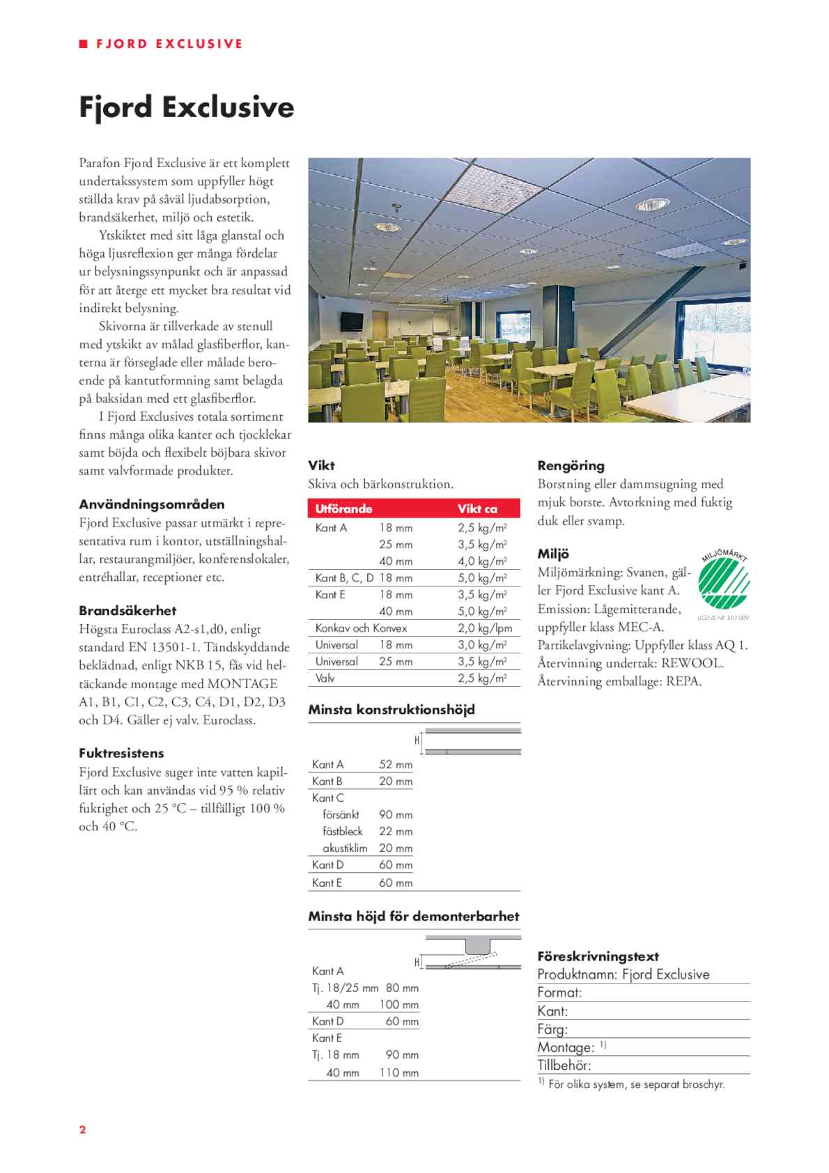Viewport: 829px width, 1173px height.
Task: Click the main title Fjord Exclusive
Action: coord(186,108)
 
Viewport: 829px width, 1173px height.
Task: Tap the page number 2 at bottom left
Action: coord(82,1129)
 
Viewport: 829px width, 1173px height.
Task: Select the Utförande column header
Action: coord(343,508)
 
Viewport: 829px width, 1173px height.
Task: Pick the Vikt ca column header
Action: coord(477,508)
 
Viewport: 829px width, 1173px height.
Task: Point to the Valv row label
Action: coord(325,678)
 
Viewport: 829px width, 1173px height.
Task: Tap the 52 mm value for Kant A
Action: coord(396,764)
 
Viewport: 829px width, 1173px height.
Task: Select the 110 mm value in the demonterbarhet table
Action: coord(399,1073)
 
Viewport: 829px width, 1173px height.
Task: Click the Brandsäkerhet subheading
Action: coord(127,611)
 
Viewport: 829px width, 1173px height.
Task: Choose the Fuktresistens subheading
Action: coord(121,753)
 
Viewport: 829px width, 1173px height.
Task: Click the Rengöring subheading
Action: coord(571,466)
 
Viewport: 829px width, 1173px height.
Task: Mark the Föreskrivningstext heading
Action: coord(598,956)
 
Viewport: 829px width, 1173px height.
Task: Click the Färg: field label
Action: coord(552,1029)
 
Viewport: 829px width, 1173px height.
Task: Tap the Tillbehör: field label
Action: coord(564,1065)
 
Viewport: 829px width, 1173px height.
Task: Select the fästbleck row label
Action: coord(343,831)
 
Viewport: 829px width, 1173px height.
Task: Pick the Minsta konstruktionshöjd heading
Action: coord(392,710)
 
